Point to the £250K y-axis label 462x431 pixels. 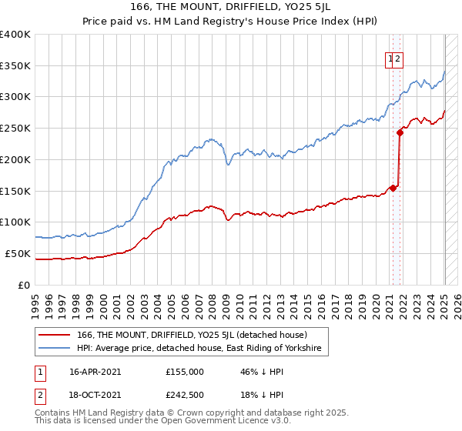(15, 129)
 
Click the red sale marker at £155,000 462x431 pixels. (393, 187)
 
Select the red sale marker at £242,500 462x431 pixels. (400, 132)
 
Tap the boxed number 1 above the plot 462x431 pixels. (390, 57)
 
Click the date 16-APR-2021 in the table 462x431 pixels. (95, 372)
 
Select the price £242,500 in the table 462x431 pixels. (186, 396)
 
